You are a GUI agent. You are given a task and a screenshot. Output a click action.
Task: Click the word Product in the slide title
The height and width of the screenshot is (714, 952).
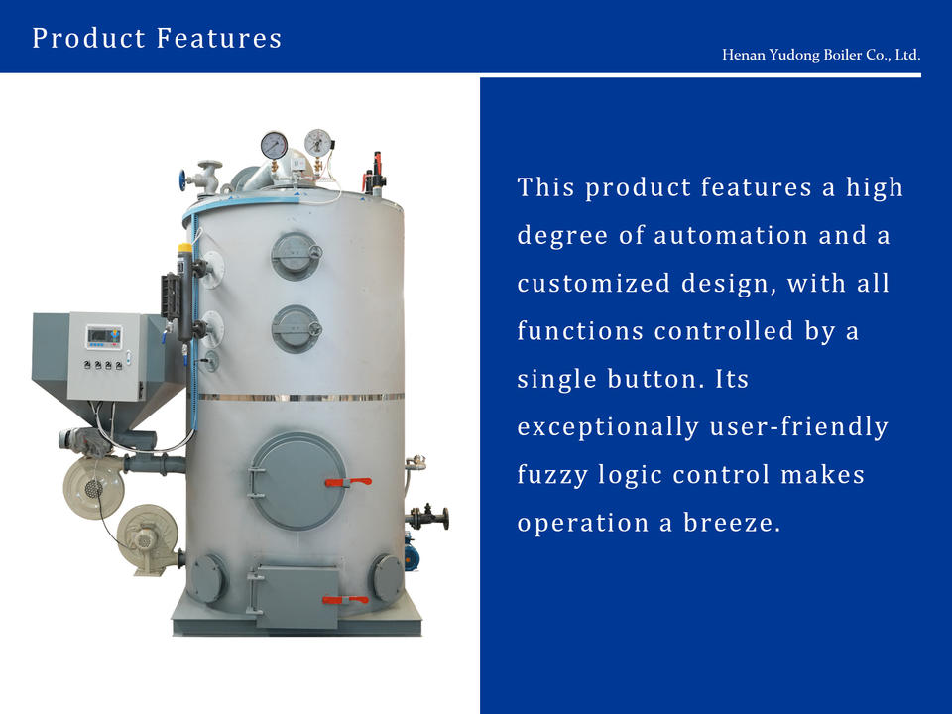pyautogui.click(x=88, y=38)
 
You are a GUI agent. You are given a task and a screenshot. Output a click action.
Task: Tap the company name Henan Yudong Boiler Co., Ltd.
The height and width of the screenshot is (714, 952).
pyautogui.click(x=821, y=55)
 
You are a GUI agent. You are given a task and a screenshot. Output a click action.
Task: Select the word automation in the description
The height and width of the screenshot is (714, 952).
pyautogui.click(x=731, y=236)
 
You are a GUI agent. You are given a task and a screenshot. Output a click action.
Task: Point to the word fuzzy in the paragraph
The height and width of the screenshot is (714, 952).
pyautogui.click(x=552, y=475)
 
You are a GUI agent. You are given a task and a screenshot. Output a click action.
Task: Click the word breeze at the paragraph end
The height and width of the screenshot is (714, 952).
pyautogui.click(x=732, y=523)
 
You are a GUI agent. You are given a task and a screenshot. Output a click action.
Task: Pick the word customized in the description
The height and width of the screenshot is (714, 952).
pyautogui.click(x=593, y=284)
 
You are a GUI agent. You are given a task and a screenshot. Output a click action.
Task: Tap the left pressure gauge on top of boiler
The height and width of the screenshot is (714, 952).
pyautogui.click(x=275, y=146)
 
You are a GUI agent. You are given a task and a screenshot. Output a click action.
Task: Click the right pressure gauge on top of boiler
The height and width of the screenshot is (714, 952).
pyautogui.click(x=318, y=143)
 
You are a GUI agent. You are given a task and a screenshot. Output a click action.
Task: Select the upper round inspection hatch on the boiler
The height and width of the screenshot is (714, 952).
pyautogui.click(x=296, y=256)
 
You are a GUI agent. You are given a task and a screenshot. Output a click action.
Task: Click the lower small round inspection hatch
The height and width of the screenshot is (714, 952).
pyautogui.click(x=296, y=329)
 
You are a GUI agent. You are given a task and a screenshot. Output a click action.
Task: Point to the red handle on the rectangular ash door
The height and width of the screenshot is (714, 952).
pyautogui.click(x=345, y=600)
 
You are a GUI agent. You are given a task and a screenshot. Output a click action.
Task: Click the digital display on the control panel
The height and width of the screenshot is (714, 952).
pyautogui.click(x=104, y=337)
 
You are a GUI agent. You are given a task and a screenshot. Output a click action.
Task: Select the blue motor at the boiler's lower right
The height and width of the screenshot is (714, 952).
pyautogui.click(x=411, y=552)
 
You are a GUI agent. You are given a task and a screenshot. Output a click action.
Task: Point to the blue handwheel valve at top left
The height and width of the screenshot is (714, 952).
pyautogui.click(x=182, y=180)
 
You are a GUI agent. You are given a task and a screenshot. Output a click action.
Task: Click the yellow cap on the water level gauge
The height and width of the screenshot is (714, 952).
pyautogui.click(x=184, y=249)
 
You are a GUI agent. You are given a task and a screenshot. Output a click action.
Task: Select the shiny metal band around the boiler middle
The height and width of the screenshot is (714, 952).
pyautogui.click(x=299, y=397)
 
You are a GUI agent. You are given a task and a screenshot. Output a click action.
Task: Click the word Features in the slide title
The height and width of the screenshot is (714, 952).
pyautogui.click(x=219, y=38)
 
